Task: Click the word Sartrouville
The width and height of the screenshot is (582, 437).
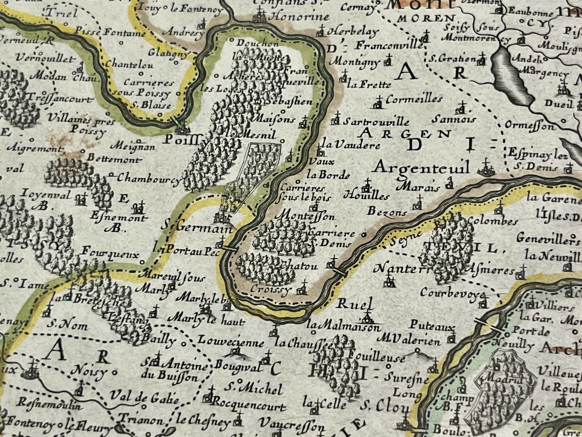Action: point(376,122)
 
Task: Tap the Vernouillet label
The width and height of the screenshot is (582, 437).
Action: point(45,59)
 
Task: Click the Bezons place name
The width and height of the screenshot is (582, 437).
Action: point(387,212)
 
